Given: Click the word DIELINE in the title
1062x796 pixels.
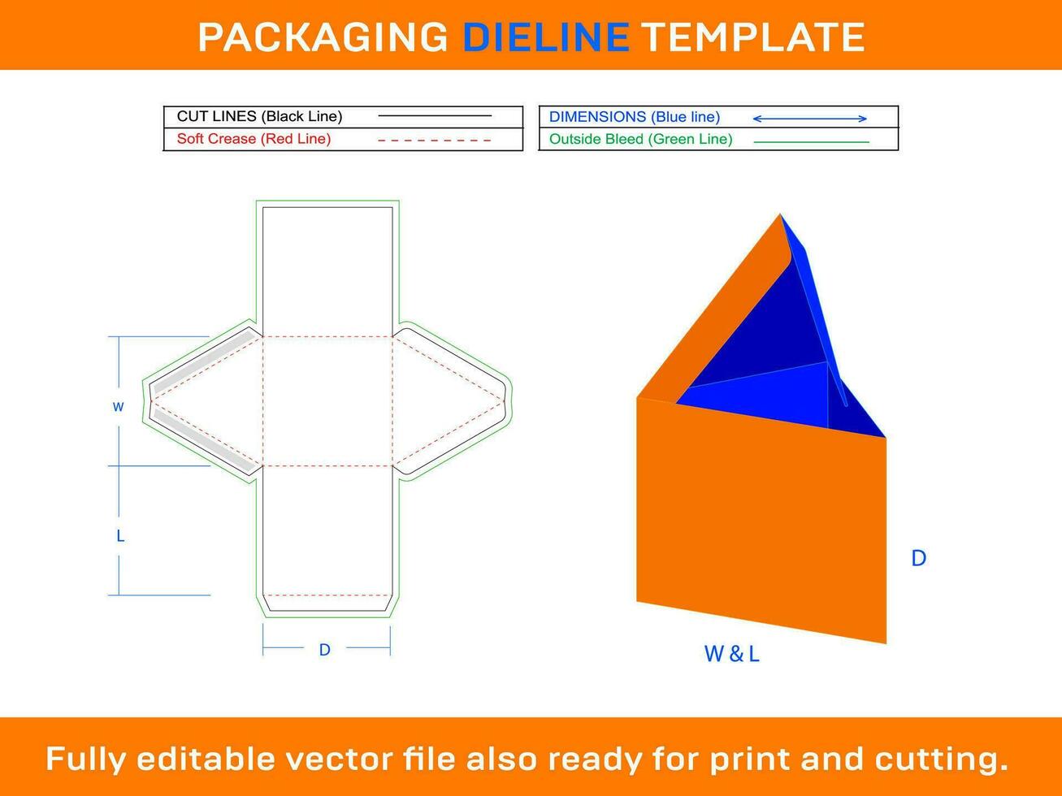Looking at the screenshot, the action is coord(545,37).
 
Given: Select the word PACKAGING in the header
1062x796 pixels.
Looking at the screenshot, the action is coord(323,37).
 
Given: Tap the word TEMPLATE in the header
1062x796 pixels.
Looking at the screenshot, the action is coord(752,37).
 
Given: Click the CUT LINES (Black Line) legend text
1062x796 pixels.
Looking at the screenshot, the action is coord(259,116).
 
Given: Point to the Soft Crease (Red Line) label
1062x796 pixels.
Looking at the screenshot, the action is coord(254,139).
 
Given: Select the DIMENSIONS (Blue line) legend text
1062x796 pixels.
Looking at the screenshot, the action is coord(634,117).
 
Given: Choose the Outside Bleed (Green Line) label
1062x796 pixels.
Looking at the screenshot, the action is coord(640,139).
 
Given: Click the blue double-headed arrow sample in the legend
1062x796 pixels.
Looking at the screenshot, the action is coord(809,119).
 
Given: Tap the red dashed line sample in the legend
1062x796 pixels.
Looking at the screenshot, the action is coord(434,141).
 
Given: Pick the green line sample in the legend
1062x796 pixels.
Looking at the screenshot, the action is coord(811,142).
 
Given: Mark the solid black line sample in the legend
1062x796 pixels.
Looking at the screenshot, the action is coord(435,116).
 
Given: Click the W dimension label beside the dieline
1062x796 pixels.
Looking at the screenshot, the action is coord(119,407).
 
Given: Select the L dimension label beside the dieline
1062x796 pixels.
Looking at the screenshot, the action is coord(120,536).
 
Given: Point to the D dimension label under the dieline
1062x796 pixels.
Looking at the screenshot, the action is coord(324,650).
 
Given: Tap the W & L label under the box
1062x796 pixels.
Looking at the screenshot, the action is coord(731,654).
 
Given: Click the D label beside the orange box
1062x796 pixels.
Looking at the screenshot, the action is coord(918,558).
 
